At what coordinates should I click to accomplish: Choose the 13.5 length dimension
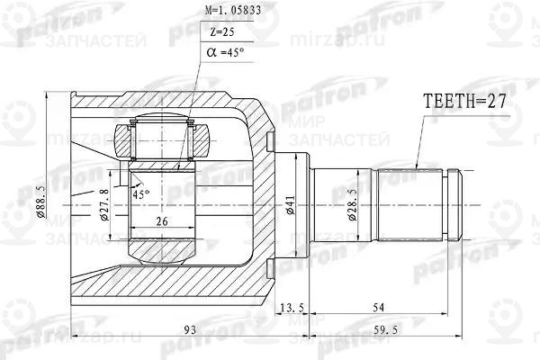click(292, 309)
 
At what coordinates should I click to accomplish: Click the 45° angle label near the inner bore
click(140, 193)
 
